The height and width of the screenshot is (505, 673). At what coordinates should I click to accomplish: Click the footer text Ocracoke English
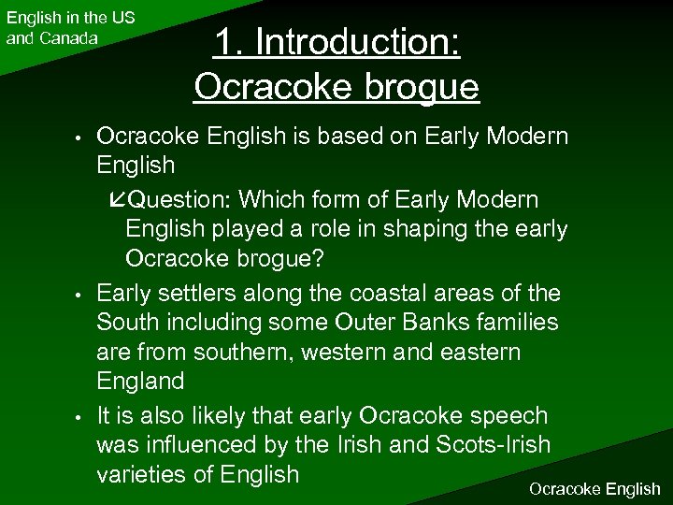point(594,488)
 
